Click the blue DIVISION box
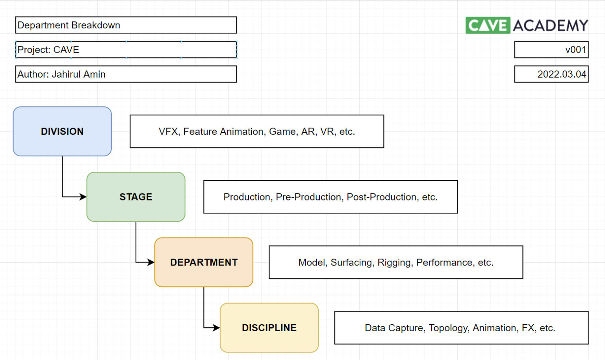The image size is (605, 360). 62,131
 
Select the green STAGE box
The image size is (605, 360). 135,197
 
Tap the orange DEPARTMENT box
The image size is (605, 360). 204,262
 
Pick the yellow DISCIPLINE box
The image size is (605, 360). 269,328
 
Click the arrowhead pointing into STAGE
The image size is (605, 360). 83,197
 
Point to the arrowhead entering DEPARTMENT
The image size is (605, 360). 151,262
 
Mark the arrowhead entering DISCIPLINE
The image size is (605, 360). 216,327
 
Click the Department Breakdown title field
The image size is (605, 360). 126,25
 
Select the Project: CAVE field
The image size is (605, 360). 126,50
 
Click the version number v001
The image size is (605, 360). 575,50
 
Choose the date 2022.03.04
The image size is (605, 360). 561,74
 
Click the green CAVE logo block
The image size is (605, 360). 488,26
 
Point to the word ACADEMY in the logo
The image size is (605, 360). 550,26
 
